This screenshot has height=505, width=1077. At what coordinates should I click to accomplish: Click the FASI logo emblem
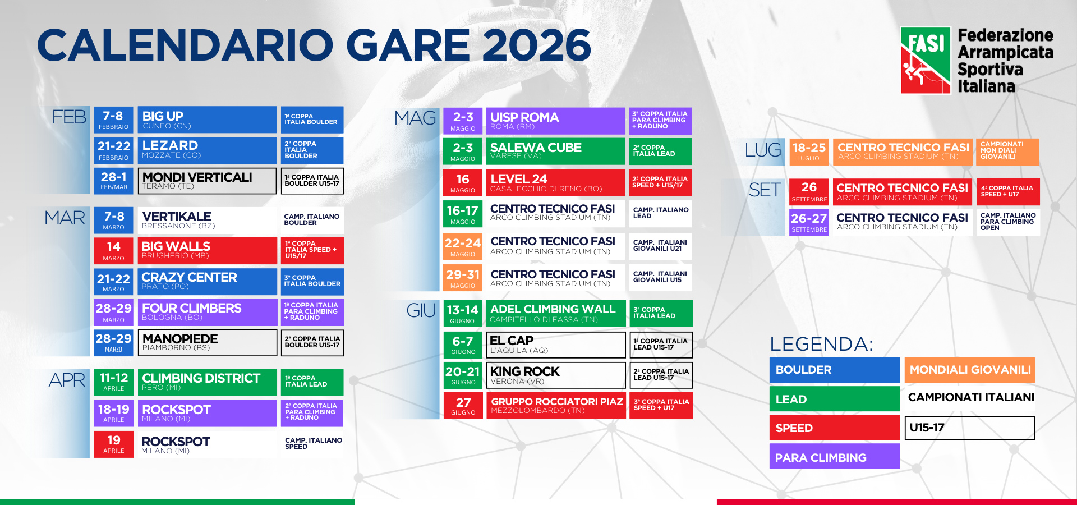pyautogui.click(x=926, y=60)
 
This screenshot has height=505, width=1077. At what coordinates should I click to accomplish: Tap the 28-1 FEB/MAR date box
pyautogui.click(x=114, y=181)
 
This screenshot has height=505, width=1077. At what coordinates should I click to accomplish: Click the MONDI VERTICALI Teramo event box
pyautogui.click(x=208, y=181)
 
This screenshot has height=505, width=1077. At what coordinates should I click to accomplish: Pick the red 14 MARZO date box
pyautogui.click(x=114, y=251)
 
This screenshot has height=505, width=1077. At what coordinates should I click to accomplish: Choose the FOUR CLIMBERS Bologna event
pyautogui.click(x=208, y=312)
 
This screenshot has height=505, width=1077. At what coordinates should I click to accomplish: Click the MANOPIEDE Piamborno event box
pyautogui.click(x=208, y=343)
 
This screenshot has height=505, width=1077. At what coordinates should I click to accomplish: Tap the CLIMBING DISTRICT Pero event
pyautogui.click(x=208, y=382)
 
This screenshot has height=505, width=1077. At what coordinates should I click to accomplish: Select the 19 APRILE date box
pyautogui.click(x=114, y=444)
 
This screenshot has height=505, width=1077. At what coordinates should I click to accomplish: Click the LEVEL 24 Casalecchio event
pyautogui.click(x=555, y=183)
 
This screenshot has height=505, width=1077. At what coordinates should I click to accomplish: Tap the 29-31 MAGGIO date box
pyautogui.click(x=463, y=278)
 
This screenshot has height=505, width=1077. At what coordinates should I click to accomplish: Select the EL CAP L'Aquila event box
pyautogui.click(x=555, y=345)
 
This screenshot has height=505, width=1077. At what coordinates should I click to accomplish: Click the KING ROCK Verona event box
pyautogui.click(x=555, y=375)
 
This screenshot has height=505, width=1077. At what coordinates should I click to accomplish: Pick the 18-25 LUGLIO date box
pyautogui.click(x=809, y=152)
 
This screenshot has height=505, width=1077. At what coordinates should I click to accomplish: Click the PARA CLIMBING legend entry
pyautogui.click(x=835, y=456)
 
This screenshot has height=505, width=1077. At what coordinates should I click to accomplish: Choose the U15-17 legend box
pyautogui.click(x=970, y=428)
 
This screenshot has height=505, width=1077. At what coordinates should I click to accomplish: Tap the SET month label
pyautogui.click(x=765, y=190)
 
